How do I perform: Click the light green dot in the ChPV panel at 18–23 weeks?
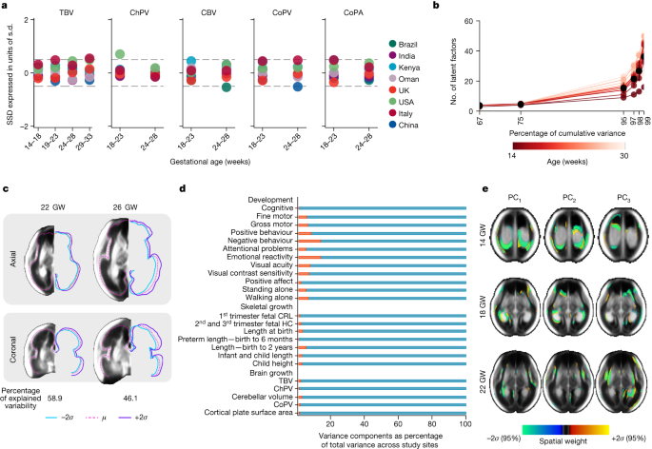tap(120, 54)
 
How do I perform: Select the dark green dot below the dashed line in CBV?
tap(226, 88)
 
